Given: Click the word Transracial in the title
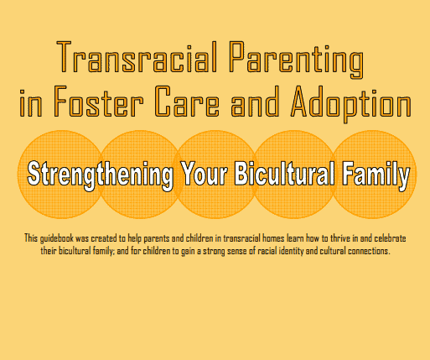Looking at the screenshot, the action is (137, 57).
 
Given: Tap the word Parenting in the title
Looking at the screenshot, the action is (297, 60).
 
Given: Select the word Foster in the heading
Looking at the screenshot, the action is (98, 101).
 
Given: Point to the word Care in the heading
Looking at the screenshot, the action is (187, 101).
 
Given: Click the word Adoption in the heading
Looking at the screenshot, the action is (351, 104).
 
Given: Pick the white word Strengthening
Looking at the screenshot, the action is (101, 175).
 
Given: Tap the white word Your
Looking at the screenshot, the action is (204, 174).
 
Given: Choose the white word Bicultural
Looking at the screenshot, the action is (284, 174).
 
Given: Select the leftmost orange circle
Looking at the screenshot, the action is (61, 175).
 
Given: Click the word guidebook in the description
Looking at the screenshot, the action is (57, 238).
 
